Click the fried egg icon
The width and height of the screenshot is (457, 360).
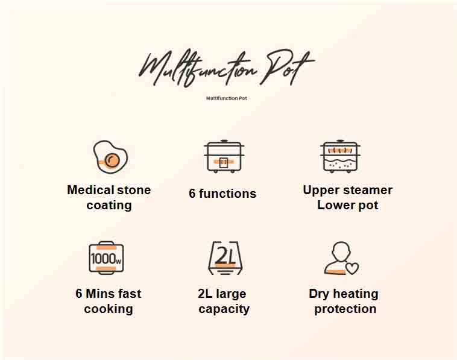[x=110, y=157]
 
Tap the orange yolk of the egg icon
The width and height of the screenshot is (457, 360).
[x=112, y=160]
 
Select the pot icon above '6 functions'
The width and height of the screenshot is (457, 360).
[x=224, y=157]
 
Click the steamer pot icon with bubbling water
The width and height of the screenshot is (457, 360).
[x=340, y=157]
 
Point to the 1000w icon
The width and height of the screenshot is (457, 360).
[x=106, y=258]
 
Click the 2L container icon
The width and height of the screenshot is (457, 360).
[x=225, y=258]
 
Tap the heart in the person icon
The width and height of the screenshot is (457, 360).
[x=351, y=268]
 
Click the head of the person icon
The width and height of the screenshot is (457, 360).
[x=341, y=251]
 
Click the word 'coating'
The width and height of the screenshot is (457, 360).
[x=109, y=205]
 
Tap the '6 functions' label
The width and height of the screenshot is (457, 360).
[x=222, y=194]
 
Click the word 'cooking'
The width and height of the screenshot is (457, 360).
[x=109, y=309]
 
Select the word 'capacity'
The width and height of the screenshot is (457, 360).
[x=224, y=309]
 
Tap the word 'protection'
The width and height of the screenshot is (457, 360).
[x=345, y=309]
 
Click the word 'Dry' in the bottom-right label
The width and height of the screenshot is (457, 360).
[x=319, y=294]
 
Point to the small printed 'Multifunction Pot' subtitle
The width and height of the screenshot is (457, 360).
[x=227, y=98]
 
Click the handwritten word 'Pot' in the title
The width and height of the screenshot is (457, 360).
[x=287, y=67]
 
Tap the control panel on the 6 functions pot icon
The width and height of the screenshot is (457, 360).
[x=224, y=163]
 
